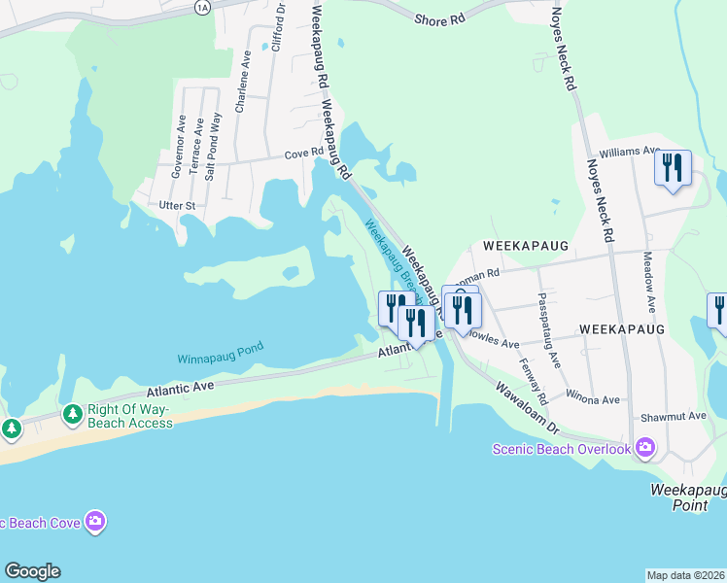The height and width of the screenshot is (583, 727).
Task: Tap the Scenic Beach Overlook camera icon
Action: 644,447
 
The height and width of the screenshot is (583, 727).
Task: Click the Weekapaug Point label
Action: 688,497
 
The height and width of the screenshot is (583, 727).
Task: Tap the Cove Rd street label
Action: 303,154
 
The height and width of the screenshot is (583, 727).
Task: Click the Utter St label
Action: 178,206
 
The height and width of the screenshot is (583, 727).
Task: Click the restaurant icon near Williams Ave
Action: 673,168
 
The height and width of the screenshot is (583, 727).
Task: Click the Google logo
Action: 32,571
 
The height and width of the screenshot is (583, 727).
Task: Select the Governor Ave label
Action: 179,147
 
